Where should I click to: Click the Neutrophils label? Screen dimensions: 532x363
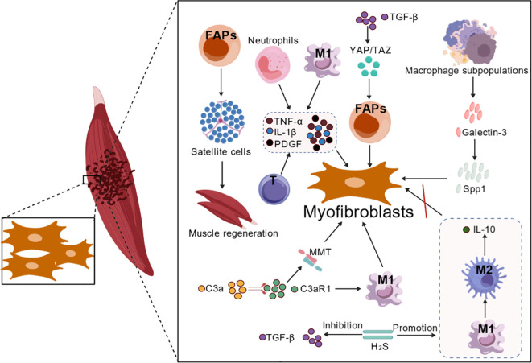(273, 41)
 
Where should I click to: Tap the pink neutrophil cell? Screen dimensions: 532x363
(270, 65)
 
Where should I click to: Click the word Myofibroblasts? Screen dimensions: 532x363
(358, 212)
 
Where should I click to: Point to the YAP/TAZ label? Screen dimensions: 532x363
(370, 51)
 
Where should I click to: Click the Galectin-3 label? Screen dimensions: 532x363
(485, 132)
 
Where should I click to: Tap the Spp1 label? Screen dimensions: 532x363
(474, 189)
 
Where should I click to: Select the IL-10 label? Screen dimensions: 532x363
(484, 229)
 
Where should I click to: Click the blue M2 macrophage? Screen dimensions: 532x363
(485, 275)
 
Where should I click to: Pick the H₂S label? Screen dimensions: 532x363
(377, 347)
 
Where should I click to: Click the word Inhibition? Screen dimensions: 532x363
(342, 326)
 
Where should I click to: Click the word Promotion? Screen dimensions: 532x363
(415, 328)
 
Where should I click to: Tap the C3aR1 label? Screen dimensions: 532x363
(315, 289)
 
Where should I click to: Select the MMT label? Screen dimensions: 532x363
(320, 253)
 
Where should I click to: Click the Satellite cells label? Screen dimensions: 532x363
(221, 151)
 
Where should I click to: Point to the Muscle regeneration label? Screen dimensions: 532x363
(233, 233)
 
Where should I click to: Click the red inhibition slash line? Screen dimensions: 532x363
(424, 201)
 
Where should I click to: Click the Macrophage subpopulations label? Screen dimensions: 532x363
(467, 71)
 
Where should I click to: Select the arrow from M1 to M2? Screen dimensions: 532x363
(485, 308)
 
